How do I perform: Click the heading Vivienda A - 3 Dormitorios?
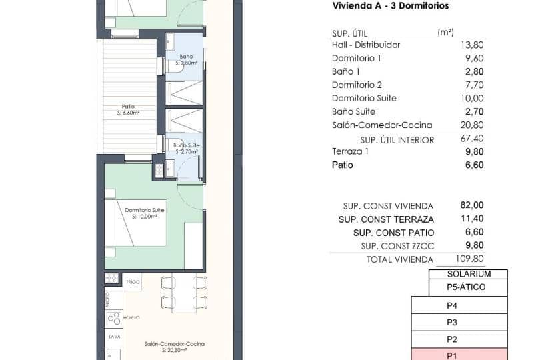click(390, 6)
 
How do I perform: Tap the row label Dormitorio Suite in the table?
click(364, 99)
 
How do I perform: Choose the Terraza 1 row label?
click(350, 152)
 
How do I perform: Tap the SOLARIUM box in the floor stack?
click(468, 274)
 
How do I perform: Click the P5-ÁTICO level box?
click(468, 287)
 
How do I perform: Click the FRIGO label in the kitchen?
click(132, 283)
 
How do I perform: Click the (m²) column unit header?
click(445, 32)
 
